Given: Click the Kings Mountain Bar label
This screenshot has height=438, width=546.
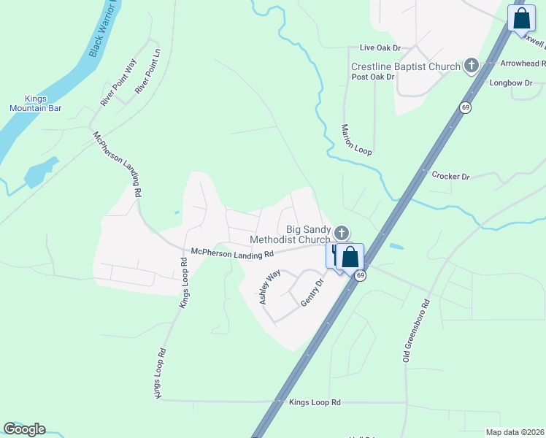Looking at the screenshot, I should click(x=35, y=103).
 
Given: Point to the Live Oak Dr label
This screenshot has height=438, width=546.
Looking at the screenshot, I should click(x=380, y=47).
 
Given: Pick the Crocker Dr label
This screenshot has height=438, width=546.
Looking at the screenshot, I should click(x=450, y=176).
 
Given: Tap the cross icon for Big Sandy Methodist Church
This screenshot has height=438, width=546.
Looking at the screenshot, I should click(x=341, y=233).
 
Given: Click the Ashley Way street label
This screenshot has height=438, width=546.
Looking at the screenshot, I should click(x=269, y=287).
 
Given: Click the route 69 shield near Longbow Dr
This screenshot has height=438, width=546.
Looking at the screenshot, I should click(x=464, y=107).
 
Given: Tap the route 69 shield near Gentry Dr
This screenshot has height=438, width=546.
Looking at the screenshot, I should click(x=360, y=274).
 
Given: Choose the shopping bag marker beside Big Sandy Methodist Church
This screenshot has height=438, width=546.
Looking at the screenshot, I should click(x=350, y=256).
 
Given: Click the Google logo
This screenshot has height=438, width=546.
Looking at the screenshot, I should click(x=24, y=429).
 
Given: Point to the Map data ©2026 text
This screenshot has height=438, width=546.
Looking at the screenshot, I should click(x=515, y=432).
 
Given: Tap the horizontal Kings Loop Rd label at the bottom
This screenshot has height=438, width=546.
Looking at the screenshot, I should click(x=315, y=402).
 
